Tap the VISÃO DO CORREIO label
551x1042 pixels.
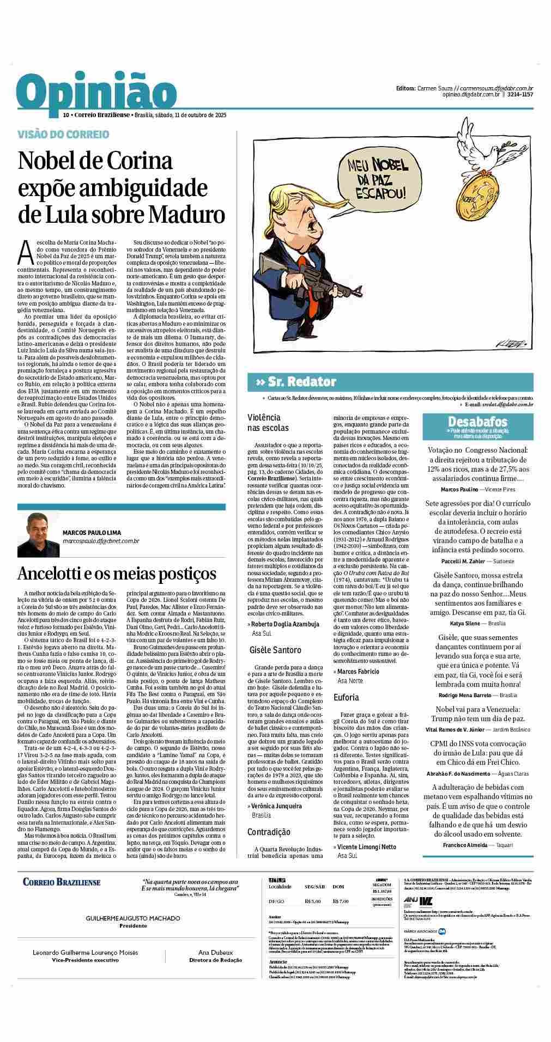[x=63, y=135]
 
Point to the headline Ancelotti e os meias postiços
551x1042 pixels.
[x=117, y=573]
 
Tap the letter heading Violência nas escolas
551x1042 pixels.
[x=268, y=423]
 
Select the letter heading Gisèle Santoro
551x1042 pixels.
[x=275, y=650]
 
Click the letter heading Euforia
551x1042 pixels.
[x=346, y=697]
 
